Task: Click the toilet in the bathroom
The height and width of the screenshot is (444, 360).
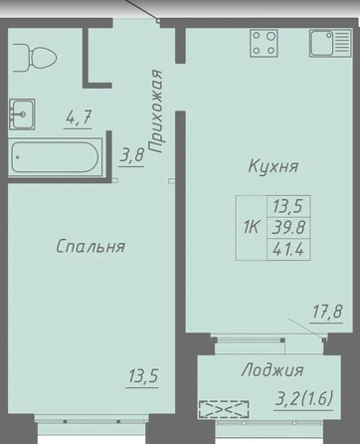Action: coord(35,58)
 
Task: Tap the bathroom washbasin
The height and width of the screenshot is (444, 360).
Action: coord(22,113)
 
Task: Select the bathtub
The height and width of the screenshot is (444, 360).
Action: coord(55,157)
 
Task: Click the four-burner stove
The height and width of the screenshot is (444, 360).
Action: coord(264,43)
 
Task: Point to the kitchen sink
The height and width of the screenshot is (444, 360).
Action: coord(330,43)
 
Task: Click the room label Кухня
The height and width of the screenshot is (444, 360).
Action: coord(273,166)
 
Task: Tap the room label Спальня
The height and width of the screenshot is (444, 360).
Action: coord(90,246)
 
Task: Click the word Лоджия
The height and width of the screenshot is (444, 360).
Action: coord(272,370)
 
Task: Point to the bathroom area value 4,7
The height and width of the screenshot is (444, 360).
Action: coord(79,117)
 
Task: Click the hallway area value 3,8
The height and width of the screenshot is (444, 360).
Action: coord(132,154)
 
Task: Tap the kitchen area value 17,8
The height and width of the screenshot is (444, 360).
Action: coord(327,312)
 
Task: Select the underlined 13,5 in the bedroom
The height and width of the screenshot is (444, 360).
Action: coord(143,376)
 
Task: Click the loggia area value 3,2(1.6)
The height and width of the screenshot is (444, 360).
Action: coord(304,398)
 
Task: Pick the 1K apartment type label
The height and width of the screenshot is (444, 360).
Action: coord(251,228)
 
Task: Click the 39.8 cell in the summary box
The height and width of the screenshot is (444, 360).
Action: coord(288,228)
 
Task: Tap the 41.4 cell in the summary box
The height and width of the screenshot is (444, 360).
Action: coord(288,249)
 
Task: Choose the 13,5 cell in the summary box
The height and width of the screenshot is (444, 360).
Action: coord(288,206)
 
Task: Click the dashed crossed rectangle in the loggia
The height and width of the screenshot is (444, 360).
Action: coord(224,409)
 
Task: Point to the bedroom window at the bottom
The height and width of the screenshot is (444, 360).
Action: coord(91,421)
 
